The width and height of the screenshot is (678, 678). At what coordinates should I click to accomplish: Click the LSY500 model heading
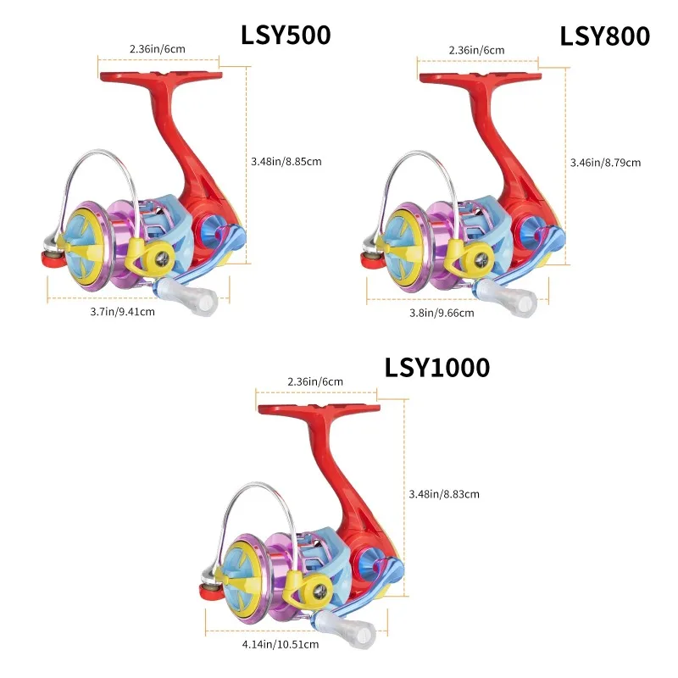[x=286, y=35]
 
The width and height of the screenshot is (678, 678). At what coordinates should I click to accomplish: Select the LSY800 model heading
[x=604, y=36]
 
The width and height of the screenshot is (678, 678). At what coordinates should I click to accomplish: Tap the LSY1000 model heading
[x=437, y=367]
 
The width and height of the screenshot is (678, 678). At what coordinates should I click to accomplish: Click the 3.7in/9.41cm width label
[x=122, y=312]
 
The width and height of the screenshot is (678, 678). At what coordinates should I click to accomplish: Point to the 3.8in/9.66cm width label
[x=442, y=313]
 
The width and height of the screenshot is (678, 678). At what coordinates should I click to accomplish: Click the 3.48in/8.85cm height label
[x=286, y=160]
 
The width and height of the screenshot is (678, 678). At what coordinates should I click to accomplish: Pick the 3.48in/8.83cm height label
[x=443, y=494]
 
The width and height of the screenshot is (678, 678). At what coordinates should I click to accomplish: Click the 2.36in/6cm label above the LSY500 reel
[x=157, y=49]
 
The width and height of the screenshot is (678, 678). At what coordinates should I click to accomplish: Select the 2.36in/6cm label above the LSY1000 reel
[x=315, y=381]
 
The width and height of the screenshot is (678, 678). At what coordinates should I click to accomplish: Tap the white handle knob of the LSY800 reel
[x=517, y=299]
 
